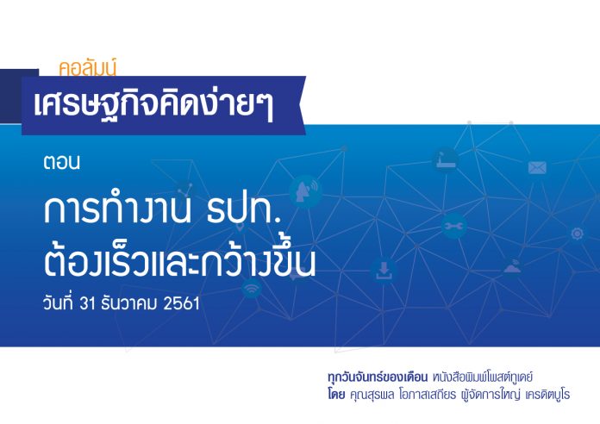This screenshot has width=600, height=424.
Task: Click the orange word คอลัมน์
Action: pyautogui.click(x=88, y=68)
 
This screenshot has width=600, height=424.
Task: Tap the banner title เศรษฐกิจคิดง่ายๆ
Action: pyautogui.click(x=153, y=104)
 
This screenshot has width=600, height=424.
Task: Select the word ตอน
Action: pyautogui.click(x=61, y=162)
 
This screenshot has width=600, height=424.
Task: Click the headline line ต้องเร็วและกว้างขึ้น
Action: pyautogui.click(x=179, y=259)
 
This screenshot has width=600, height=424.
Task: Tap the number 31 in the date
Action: pyautogui.click(x=87, y=303)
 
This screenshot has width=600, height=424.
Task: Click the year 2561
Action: pyautogui.click(x=181, y=303)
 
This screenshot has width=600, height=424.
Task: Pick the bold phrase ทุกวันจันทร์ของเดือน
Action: pyautogui.click(x=378, y=377)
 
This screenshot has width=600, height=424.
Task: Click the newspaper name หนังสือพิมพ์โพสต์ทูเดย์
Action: pyautogui.click(x=483, y=377)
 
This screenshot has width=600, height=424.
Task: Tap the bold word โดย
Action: pyautogui.click(x=336, y=394)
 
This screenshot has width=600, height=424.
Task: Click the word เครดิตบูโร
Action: pyautogui.click(x=548, y=395)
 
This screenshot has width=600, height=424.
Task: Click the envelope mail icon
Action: pyautogui.click(x=537, y=167)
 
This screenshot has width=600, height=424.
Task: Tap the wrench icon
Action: pyautogui.click(x=453, y=226)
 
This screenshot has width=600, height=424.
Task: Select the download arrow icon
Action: pyautogui.click(x=384, y=271)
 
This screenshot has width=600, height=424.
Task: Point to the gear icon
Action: pyautogui.click(x=578, y=234)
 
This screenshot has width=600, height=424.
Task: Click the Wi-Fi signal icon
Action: pyautogui.click(x=252, y=288)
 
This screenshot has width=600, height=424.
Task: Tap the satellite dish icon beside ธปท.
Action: pyautogui.click(x=305, y=191)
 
